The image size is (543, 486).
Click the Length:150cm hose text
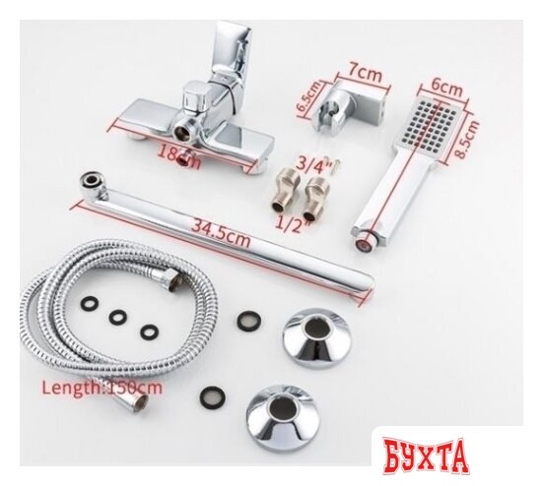coord(102,387)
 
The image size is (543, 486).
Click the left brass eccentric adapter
coord(284,191)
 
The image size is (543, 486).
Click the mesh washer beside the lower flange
coord(212,395)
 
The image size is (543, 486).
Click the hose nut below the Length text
coord(133,402)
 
